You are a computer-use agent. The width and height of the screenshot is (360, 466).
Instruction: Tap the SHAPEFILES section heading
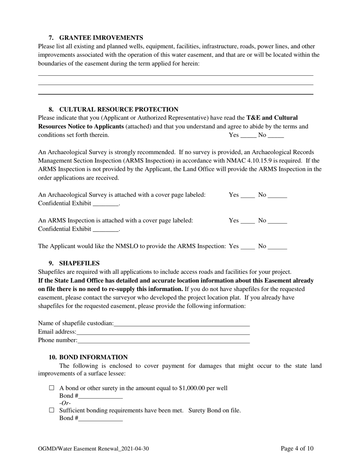(x=79, y=263)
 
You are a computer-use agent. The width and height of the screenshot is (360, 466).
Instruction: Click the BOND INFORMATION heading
(x=93, y=357)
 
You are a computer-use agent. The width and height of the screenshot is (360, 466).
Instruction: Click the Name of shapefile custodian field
(x=182, y=324)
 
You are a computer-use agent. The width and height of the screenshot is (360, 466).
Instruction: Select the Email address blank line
(x=163, y=332)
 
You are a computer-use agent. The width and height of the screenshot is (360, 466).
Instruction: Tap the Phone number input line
(x=164, y=341)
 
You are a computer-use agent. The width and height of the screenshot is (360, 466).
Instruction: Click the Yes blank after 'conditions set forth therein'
(x=248, y=136)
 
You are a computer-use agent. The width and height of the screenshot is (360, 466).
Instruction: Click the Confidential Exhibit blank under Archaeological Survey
(x=106, y=204)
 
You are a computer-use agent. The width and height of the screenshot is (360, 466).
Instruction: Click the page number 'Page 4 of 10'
(x=297, y=449)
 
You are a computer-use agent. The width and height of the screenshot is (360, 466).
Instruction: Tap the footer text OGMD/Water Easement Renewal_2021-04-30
(x=93, y=449)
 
